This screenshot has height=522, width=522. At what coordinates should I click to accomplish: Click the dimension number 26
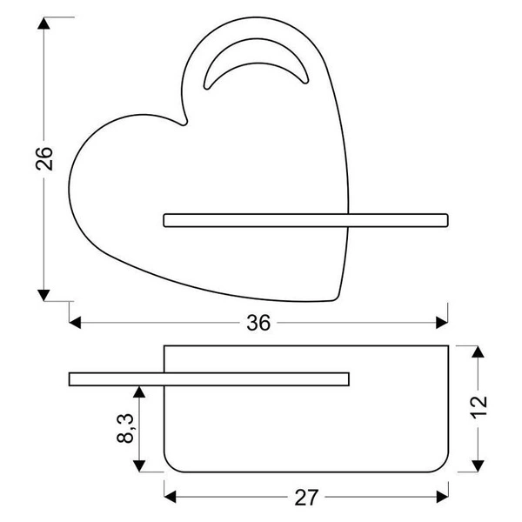pos(45,159)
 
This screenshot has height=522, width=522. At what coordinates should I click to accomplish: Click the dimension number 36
pos(258,323)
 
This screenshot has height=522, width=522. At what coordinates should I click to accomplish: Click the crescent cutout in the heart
pos(253,70)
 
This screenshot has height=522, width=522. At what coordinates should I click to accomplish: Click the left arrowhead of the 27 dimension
pos(171,498)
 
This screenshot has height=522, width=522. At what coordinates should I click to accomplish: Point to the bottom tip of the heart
pos(338,301)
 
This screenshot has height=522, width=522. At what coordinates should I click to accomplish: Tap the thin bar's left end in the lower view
pos(71,378)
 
